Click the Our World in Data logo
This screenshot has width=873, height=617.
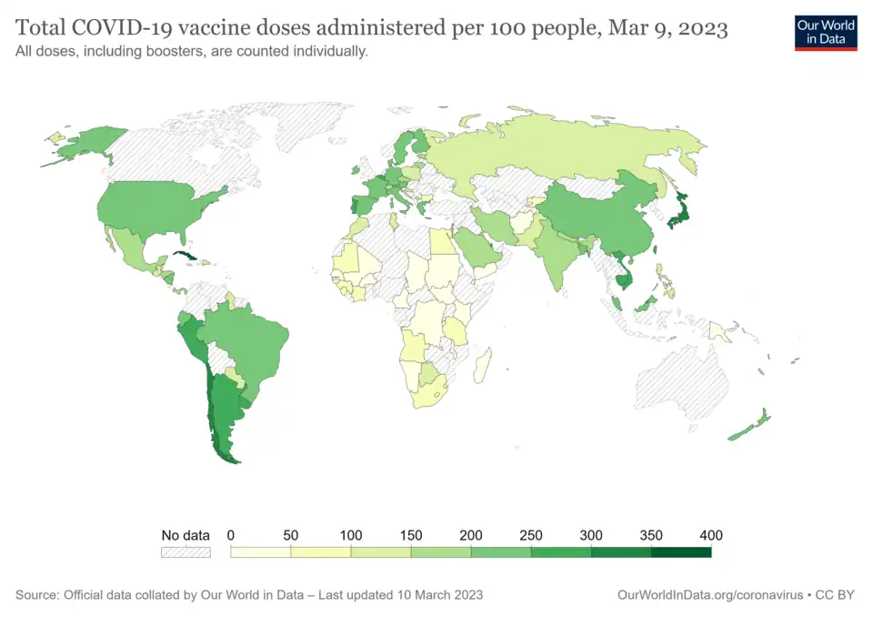pos(826,32)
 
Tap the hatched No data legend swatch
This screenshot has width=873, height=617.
pos(186,552)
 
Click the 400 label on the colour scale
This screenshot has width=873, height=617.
pos(710,535)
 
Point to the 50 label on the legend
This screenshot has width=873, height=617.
pos(291,535)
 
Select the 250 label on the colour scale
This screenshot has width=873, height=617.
pos(530,535)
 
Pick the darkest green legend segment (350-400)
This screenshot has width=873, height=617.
pos(680,552)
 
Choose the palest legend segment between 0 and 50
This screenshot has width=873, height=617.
pos(261,552)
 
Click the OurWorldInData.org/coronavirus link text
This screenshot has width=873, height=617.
pos(710,594)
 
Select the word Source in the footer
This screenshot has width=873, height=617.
pos(36,594)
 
